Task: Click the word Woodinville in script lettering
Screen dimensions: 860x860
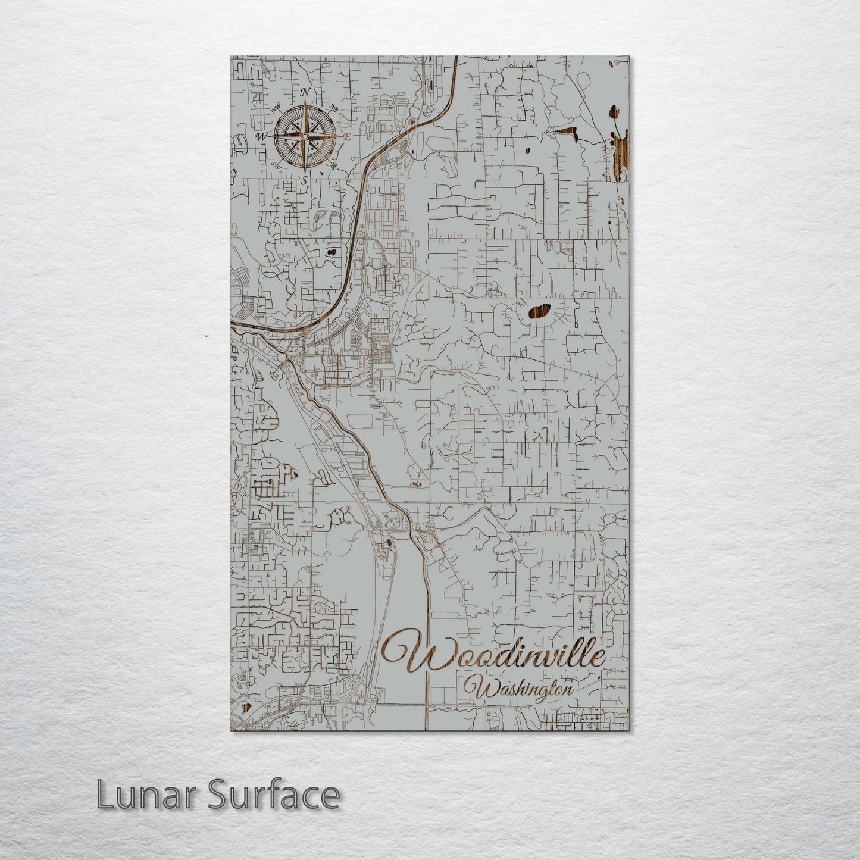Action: pyautogui.click(x=494, y=654)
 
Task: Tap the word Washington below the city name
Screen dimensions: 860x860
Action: pyautogui.click(x=524, y=690)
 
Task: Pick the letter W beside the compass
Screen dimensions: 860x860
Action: pyautogui.click(x=260, y=136)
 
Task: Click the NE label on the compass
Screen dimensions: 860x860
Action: pyautogui.click(x=334, y=109)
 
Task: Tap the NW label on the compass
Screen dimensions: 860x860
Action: pyautogui.click(x=276, y=109)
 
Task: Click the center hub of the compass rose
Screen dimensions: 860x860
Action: pyautogui.click(x=304, y=136)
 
